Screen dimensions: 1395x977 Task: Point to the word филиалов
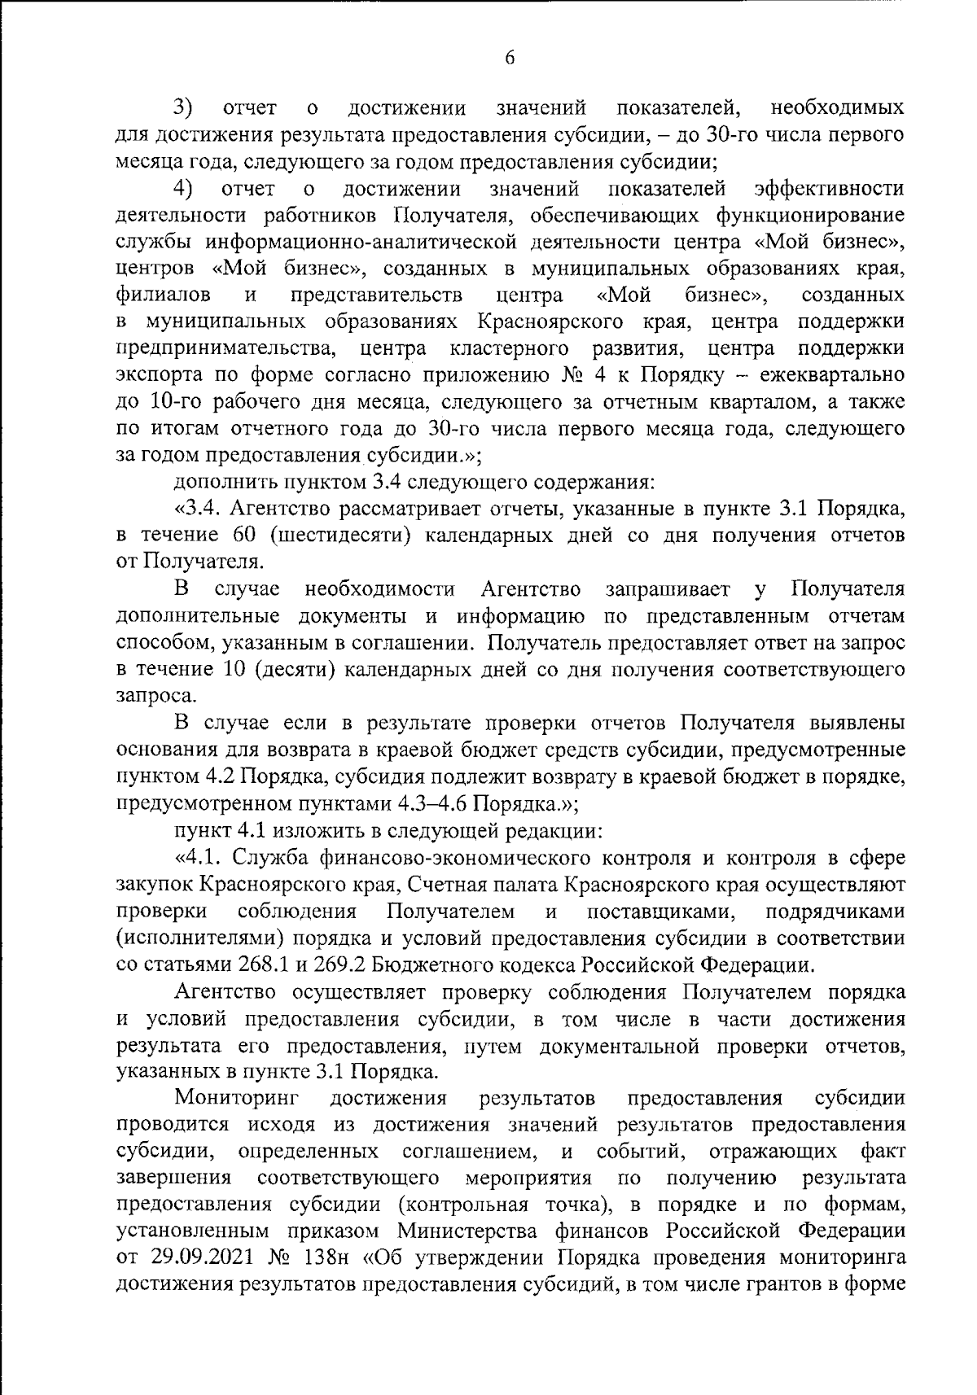pyautogui.click(x=164, y=295)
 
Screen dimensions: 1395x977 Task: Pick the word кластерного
pyautogui.click(x=508, y=348)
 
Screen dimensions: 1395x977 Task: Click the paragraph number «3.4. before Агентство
pyautogui.click(x=198, y=509)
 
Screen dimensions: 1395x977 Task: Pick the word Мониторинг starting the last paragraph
pyautogui.click(x=236, y=1098)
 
